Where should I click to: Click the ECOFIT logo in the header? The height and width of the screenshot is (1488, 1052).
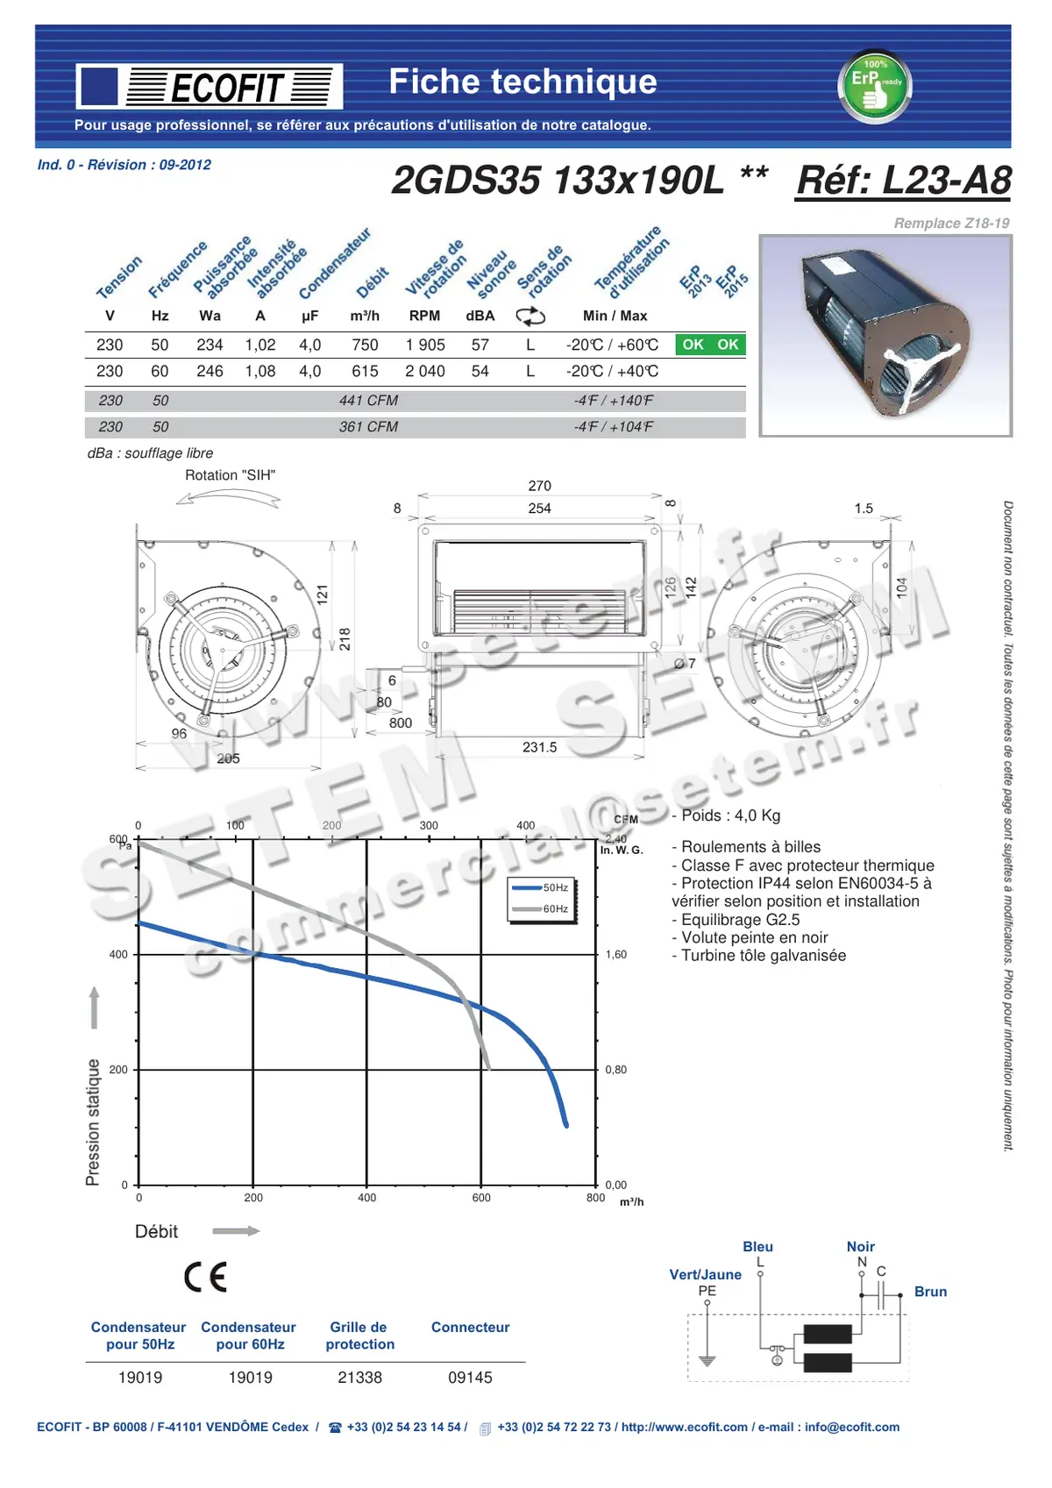tap(210, 87)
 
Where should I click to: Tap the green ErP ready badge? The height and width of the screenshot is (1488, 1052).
tap(876, 86)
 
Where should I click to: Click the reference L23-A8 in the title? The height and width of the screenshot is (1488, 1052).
tap(903, 181)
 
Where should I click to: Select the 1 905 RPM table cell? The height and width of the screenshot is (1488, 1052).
tap(425, 345)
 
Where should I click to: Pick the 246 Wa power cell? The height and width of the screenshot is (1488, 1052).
tap(210, 372)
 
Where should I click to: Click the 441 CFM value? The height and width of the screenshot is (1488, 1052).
tap(368, 401)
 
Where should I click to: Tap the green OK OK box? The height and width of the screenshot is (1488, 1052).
tap(710, 345)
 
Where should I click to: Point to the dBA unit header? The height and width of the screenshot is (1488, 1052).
tap(480, 316)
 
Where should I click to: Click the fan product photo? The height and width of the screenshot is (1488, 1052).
tap(885, 336)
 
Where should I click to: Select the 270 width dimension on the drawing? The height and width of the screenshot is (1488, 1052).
tap(540, 486)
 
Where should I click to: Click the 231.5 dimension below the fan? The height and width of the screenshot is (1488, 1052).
tap(540, 747)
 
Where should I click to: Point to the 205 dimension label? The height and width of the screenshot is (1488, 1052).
tap(228, 758)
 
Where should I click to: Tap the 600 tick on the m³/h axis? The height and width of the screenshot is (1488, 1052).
tap(481, 1198)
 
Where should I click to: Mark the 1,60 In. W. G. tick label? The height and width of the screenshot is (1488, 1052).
tap(616, 955)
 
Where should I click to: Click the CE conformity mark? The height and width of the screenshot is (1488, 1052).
tap(206, 1277)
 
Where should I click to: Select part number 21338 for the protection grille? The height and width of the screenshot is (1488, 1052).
tap(359, 1378)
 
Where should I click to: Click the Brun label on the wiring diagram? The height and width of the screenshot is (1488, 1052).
tap(930, 1292)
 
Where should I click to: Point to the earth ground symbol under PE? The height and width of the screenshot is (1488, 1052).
tap(707, 1361)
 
